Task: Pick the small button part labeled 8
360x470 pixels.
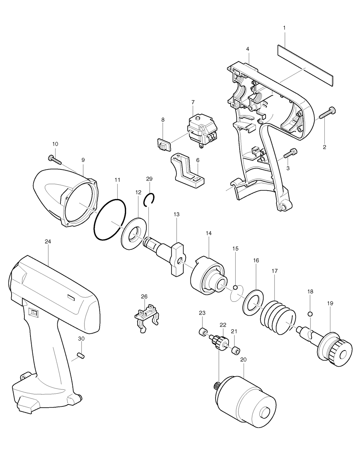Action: point(163,143)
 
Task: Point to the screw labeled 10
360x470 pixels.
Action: point(56,160)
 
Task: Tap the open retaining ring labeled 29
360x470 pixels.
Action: point(150,199)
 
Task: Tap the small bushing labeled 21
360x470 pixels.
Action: point(236,351)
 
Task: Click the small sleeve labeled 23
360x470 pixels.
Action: point(203,332)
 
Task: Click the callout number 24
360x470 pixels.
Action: point(48,241)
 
